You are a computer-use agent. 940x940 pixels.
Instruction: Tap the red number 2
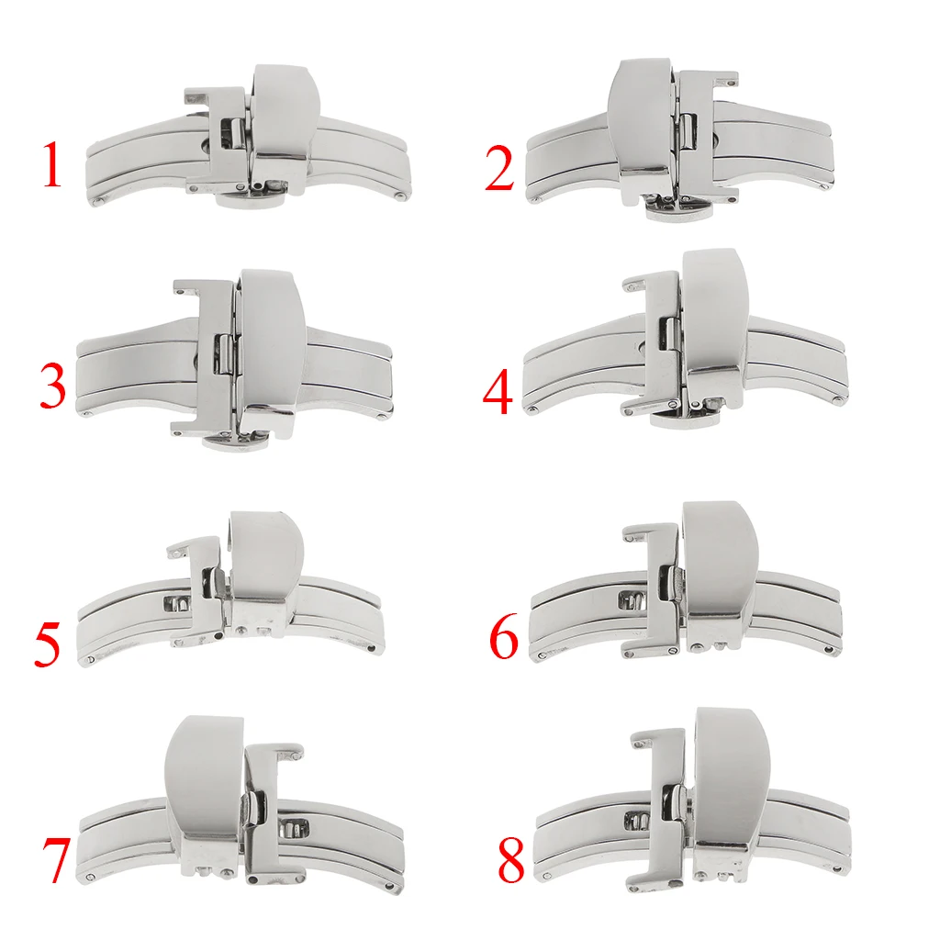499,164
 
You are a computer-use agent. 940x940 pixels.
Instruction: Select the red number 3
53,386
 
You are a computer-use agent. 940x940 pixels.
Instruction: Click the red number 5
48,643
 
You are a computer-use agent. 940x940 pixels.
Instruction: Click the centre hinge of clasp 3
221,353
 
